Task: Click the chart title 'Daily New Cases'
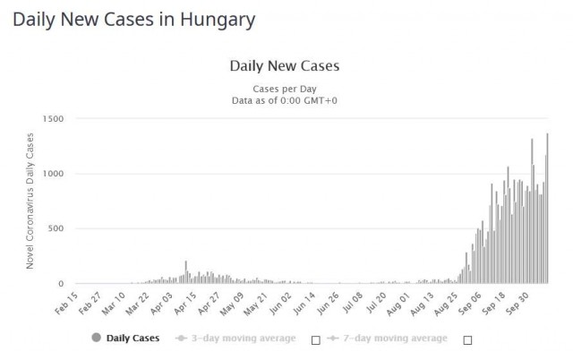tap(285, 65)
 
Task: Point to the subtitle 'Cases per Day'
tap(285, 88)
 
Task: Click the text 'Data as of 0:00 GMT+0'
tap(285, 100)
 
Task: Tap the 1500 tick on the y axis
tap(53, 119)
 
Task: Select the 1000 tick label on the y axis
tap(53, 174)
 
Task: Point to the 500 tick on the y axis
tap(56, 228)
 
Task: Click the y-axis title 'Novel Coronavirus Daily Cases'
tap(30, 201)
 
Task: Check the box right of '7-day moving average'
tap(467, 340)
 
